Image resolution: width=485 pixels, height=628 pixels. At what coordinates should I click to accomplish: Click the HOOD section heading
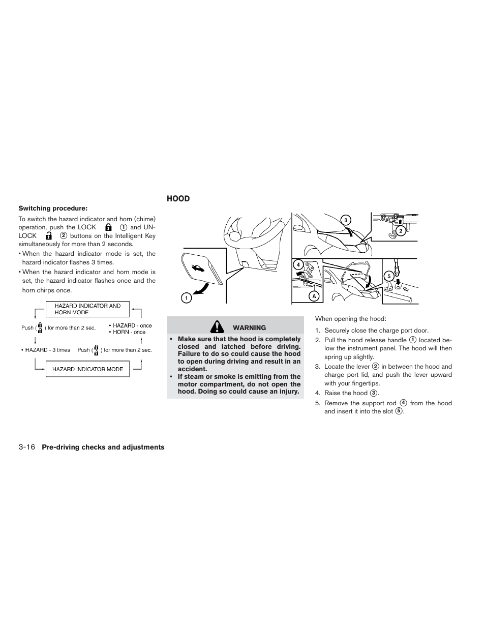(178, 199)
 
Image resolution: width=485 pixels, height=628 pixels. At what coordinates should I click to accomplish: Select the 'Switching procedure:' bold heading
(53, 208)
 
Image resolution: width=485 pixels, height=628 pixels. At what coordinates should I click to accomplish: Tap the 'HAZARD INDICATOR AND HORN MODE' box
(87, 309)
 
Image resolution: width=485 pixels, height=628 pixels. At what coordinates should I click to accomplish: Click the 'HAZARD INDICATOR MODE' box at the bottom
(87, 369)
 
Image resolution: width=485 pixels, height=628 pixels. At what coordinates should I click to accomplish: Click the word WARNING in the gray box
(249, 328)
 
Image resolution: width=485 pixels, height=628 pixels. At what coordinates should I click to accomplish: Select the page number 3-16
(26, 447)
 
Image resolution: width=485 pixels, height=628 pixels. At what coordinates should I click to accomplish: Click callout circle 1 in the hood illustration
(186, 298)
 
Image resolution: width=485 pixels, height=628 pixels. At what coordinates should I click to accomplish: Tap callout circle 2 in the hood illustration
(400, 231)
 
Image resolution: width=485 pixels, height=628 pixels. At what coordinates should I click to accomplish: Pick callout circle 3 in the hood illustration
(346, 220)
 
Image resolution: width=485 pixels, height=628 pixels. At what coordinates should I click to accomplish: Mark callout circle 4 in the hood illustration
(298, 264)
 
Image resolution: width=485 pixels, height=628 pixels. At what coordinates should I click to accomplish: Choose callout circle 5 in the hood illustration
(389, 277)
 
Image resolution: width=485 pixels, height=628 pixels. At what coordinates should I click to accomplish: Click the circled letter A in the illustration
(314, 296)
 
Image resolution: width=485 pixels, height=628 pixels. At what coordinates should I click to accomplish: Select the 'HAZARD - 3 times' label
(46, 350)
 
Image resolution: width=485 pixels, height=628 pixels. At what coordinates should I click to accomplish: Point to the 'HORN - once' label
(129, 332)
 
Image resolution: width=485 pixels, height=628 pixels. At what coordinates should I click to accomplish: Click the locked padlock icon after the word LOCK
(108, 227)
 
